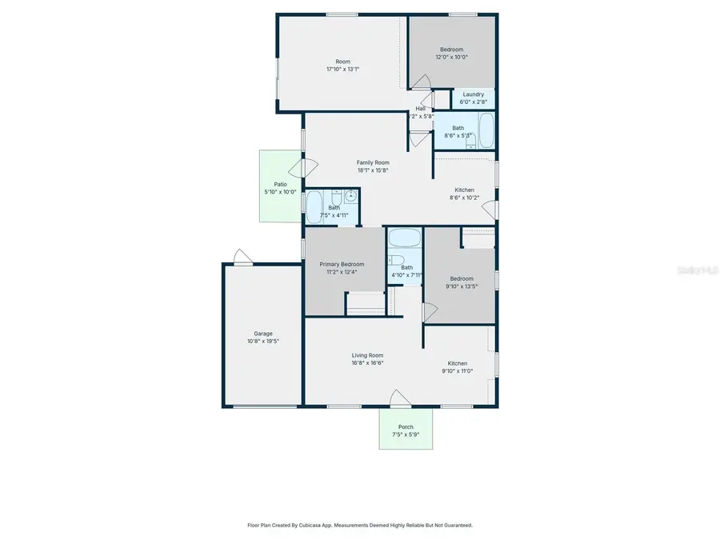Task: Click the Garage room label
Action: [263, 334]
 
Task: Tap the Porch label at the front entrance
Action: [406, 427]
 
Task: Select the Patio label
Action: [280, 184]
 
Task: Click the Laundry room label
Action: [473, 94]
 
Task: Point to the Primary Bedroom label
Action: [342, 264]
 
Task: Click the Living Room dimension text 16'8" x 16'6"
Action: [367, 363]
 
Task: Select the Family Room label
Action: [373, 162]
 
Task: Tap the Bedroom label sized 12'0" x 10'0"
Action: [451, 50]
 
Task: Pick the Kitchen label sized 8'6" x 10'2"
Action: [465, 190]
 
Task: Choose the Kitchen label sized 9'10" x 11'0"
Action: [457, 363]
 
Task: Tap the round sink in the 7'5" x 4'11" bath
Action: [350, 194]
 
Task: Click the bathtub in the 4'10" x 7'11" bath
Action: [405, 238]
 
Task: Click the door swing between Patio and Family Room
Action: [308, 168]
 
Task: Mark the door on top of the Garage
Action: [242, 256]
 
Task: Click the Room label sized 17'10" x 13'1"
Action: [342, 62]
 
